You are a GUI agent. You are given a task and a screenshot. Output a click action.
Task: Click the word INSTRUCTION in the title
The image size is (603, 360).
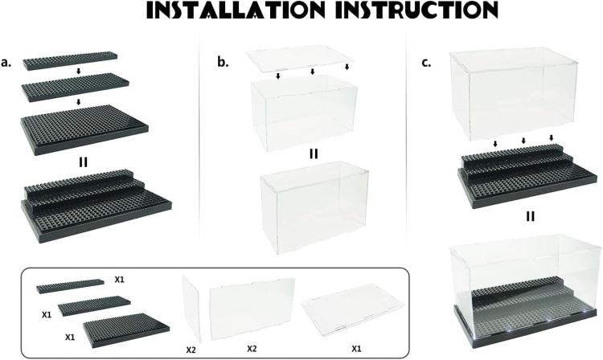coord(416,10)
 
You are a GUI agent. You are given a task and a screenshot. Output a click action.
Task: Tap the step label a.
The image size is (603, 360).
coord(6,62)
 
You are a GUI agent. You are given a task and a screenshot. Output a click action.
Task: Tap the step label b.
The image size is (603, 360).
coord(223,62)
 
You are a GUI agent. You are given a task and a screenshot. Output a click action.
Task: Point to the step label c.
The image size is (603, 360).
coord(426,63)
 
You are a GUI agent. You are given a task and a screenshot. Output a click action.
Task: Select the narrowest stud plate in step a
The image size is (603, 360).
coord(71,61)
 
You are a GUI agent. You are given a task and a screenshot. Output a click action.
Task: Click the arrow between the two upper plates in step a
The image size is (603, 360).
coord(79,71)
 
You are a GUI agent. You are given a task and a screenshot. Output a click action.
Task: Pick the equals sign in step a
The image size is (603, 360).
coord(83,162)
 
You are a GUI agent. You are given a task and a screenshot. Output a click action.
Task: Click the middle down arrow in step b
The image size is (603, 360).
coord(312,72)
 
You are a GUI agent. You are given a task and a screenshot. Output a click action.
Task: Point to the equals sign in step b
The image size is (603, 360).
coord(314,154)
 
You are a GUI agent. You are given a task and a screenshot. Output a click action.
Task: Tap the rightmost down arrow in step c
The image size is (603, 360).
coord(551,138)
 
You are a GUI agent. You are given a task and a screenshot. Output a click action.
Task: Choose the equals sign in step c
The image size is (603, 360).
coord(531,217)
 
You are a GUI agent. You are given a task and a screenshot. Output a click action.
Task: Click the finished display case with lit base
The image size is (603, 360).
coord(526,296)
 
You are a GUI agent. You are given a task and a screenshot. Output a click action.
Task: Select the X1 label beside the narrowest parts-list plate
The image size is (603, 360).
coord(120,280)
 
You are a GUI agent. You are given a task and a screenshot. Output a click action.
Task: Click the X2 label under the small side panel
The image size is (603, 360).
coord(191,350)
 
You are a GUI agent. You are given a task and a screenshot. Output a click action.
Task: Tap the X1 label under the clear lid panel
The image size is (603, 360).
coord(356,349)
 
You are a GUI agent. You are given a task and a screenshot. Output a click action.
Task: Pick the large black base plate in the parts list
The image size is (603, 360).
coord(126,330)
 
